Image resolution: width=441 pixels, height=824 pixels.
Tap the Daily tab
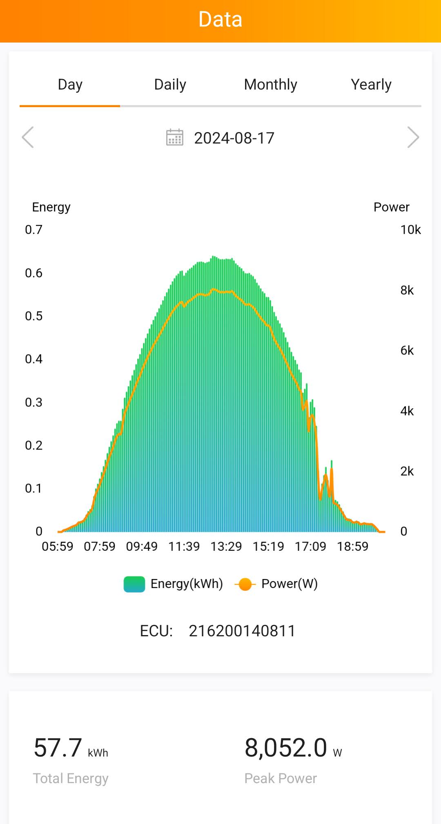pyautogui.click(x=170, y=85)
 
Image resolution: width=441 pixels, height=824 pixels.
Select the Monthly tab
pyautogui.click(x=270, y=85)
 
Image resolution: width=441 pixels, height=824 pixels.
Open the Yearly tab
pyautogui.click(x=371, y=85)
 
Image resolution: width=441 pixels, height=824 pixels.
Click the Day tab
pyautogui.click(x=70, y=85)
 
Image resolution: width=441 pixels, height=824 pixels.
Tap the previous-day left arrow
pyautogui.click(x=28, y=137)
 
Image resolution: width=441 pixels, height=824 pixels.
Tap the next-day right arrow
pyautogui.click(x=413, y=137)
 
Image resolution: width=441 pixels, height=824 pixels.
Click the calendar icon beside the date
pyautogui.click(x=175, y=137)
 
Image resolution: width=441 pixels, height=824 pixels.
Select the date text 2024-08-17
pyautogui.click(x=234, y=138)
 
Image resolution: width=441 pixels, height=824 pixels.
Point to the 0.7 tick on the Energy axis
pyautogui.click(x=33, y=230)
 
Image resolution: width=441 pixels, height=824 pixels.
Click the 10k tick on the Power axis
pyautogui.click(x=410, y=230)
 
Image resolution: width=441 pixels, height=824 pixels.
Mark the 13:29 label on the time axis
pyautogui.click(x=226, y=546)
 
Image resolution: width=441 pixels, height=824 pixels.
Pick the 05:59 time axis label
pyautogui.click(x=58, y=546)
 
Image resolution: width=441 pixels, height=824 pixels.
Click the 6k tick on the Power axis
pyautogui.click(x=407, y=350)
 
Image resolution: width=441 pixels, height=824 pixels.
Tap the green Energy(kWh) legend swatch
pyautogui.click(x=134, y=584)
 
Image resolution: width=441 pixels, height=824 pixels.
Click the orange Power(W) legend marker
pyautogui.click(x=245, y=584)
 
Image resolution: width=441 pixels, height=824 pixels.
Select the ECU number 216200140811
pyautogui.click(x=242, y=631)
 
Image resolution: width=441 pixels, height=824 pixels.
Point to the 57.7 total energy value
pyautogui.click(x=58, y=748)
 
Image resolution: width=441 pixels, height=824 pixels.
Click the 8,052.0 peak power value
pyautogui.click(x=286, y=748)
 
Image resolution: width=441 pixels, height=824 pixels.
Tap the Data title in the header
pyautogui.click(x=220, y=20)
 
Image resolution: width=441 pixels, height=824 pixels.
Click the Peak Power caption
pyautogui.click(x=281, y=778)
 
